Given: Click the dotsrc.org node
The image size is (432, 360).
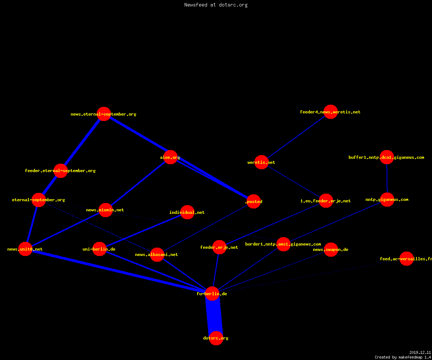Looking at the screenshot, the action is [216, 338].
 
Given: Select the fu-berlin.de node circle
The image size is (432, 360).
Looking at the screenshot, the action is [212, 294].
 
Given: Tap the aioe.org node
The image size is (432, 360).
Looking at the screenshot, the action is [170, 157].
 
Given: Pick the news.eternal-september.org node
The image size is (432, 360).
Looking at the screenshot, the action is [104, 114].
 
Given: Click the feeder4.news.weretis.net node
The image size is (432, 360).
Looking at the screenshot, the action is [330, 112].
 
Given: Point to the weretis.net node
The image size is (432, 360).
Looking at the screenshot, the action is [261, 162].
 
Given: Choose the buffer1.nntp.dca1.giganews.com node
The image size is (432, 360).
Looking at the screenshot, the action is [387, 157].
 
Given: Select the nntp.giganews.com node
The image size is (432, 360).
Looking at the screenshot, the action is [387, 200].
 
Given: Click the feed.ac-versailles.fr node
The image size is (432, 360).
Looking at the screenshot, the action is [406, 258].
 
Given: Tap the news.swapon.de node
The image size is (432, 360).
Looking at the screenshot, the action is [331, 249].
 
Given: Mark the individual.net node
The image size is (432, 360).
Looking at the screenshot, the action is [187, 212].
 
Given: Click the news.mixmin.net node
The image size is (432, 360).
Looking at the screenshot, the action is [105, 210].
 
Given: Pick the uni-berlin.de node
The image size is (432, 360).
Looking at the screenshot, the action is [99, 249].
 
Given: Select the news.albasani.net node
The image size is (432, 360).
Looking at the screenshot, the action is [157, 255].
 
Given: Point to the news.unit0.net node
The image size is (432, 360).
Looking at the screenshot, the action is [25, 249].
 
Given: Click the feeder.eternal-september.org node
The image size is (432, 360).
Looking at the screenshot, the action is [60, 171].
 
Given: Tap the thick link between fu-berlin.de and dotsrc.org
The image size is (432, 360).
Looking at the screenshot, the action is [214, 316].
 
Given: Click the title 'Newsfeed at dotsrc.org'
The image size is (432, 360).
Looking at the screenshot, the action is [216, 5].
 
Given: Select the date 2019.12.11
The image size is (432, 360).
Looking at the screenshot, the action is [420, 352].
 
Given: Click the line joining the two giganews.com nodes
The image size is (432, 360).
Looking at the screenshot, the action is [387, 178].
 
